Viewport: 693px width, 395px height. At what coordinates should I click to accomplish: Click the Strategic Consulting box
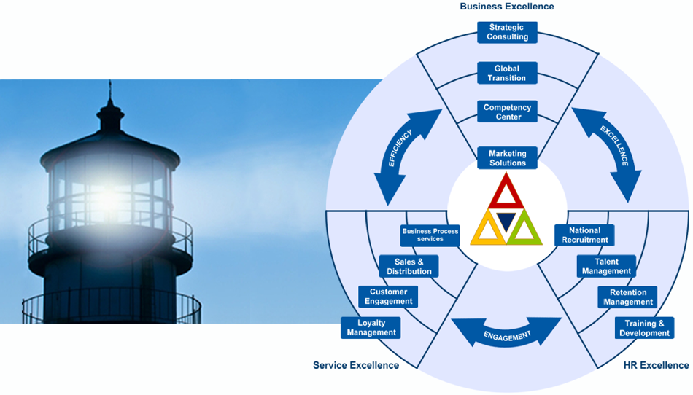pos(507,33)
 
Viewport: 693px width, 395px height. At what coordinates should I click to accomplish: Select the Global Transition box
pos(507,74)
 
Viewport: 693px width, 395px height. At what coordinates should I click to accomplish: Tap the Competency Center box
pos(507,112)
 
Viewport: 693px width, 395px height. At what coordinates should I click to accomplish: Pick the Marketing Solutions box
pos(507,158)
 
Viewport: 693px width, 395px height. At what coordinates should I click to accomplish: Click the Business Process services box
pos(430,235)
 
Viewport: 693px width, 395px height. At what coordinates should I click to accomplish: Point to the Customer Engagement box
pos(388,297)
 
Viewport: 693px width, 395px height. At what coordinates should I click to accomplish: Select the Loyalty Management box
pos(371,328)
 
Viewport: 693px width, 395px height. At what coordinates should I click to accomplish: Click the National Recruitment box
pos(585,235)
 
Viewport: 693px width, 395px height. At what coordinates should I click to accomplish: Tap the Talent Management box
pos(606,267)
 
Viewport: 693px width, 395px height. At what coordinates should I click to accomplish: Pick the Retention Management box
pos(628,297)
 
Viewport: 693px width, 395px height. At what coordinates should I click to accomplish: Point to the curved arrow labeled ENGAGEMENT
pos(507,334)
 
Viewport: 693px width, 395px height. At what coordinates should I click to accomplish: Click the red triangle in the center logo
pos(507,195)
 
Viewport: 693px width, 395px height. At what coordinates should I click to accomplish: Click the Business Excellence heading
pos(507,7)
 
